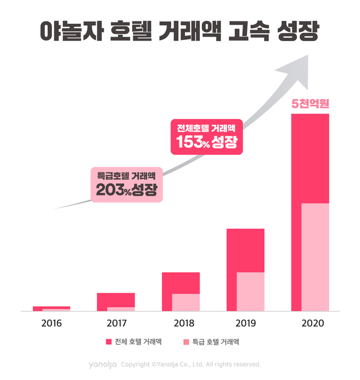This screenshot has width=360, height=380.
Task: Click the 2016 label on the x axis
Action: coord(51,324)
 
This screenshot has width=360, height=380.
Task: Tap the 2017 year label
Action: coord(116,324)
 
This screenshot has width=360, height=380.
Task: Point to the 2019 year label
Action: coord(245,324)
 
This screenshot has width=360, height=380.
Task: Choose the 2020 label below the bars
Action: coord(310,324)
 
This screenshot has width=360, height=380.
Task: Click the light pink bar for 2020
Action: coord(315,256)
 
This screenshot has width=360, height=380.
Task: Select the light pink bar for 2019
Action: coord(250,291)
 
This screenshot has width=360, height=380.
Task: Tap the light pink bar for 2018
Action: coord(186,302)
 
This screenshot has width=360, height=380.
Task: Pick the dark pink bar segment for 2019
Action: coord(245,250)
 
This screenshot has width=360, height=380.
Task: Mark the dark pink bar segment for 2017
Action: coord(116,300)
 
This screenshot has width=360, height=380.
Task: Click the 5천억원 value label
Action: coord(310,104)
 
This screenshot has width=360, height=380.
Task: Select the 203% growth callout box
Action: coord(127,184)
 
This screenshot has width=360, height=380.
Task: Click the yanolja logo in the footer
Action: coord(102,364)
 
